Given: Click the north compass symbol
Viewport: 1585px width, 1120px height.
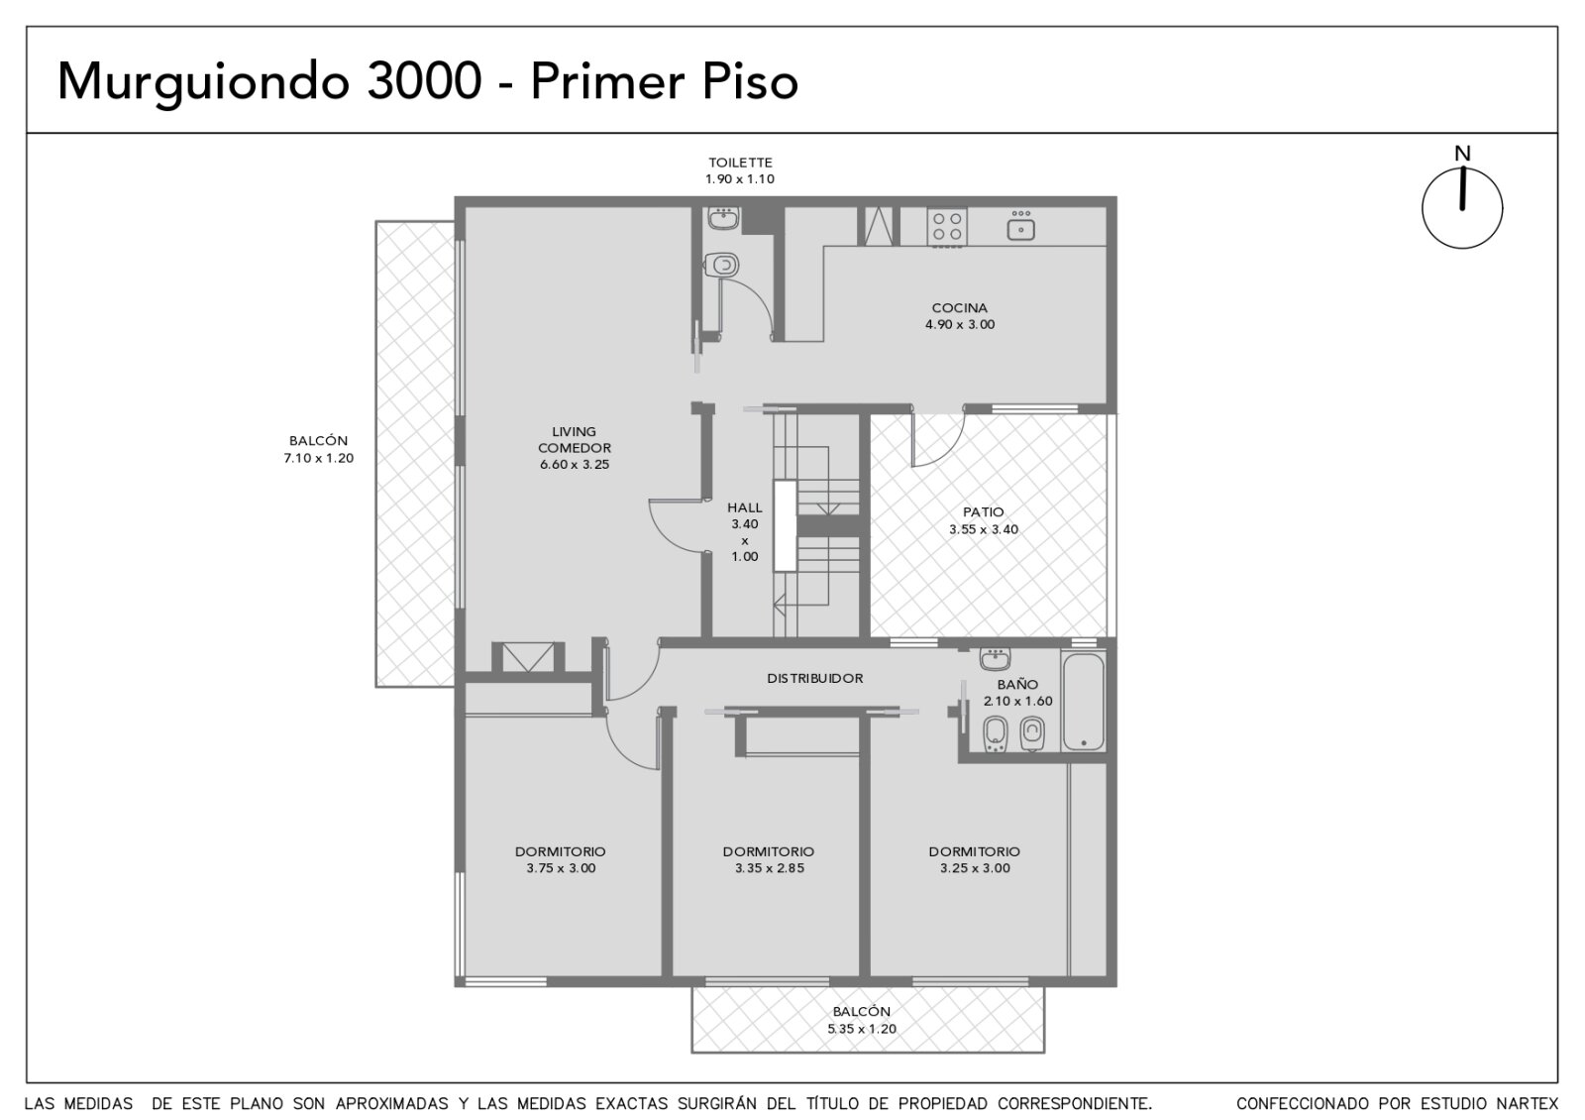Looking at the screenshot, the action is (x=1462, y=207).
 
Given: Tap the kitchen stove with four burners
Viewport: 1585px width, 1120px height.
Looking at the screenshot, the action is (x=947, y=227).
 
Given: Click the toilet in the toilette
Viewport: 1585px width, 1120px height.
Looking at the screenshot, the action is (x=722, y=266).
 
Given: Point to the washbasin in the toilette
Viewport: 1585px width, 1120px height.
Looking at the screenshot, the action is (x=723, y=218).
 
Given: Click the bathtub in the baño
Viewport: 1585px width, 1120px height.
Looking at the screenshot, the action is (x=1084, y=702).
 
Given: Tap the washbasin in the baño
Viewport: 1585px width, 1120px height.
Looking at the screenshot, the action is (x=995, y=659).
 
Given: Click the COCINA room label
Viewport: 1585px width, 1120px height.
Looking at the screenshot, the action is (x=960, y=308).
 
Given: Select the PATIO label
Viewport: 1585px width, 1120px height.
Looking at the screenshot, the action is (x=983, y=511).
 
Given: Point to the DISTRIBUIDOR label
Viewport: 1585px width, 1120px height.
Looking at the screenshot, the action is (x=815, y=678).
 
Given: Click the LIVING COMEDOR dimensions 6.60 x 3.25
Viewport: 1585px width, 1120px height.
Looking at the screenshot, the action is (x=575, y=465).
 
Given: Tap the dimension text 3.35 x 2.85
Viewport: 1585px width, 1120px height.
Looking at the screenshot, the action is (x=769, y=868).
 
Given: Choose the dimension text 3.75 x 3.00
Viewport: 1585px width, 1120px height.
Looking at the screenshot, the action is (x=561, y=868).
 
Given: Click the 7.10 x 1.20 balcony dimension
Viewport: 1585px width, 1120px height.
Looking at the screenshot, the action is (x=318, y=458).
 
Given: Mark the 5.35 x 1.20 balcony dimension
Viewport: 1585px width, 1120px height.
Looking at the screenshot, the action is (x=862, y=1029).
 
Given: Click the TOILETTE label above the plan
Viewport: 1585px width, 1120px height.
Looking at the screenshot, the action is (x=740, y=163).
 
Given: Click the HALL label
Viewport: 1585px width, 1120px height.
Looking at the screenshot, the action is (x=744, y=507).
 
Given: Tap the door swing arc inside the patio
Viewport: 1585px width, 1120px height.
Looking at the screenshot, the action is (x=948, y=453).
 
